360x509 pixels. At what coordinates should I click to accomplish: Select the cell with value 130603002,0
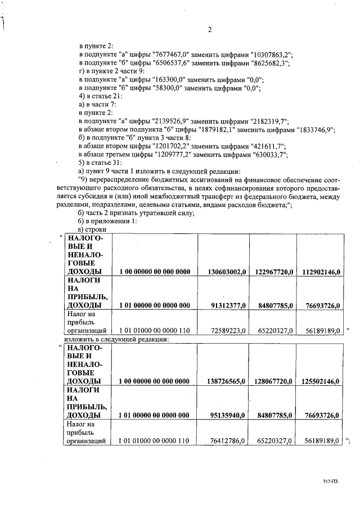[x=223, y=272]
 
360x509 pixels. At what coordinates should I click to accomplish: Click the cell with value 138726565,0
[x=223, y=381]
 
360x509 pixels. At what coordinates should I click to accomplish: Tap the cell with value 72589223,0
[x=226, y=331]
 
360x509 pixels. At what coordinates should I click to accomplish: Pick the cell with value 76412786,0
[x=226, y=441]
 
